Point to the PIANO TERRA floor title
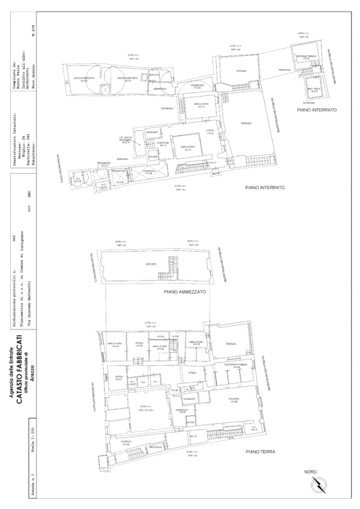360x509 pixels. click(263, 452)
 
